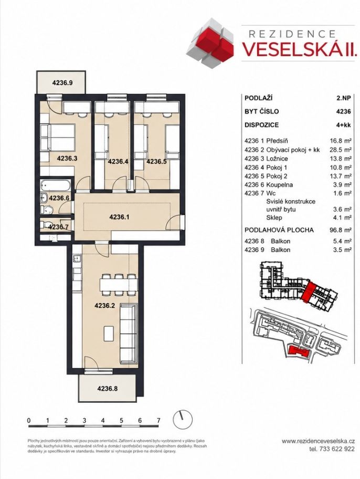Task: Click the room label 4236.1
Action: (x=120, y=217)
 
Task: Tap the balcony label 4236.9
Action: (x=62, y=82)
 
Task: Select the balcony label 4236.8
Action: (x=108, y=389)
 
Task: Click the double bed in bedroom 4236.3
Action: (x=58, y=138)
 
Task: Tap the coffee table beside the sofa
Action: (x=109, y=334)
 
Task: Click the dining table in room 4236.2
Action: (x=119, y=285)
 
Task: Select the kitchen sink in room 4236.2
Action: (x=77, y=260)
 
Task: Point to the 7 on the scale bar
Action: (x=158, y=421)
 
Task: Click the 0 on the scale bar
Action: (x=29, y=421)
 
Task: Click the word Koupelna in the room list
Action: (x=279, y=185)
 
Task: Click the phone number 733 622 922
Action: (x=337, y=449)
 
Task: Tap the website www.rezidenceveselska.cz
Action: (x=318, y=441)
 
